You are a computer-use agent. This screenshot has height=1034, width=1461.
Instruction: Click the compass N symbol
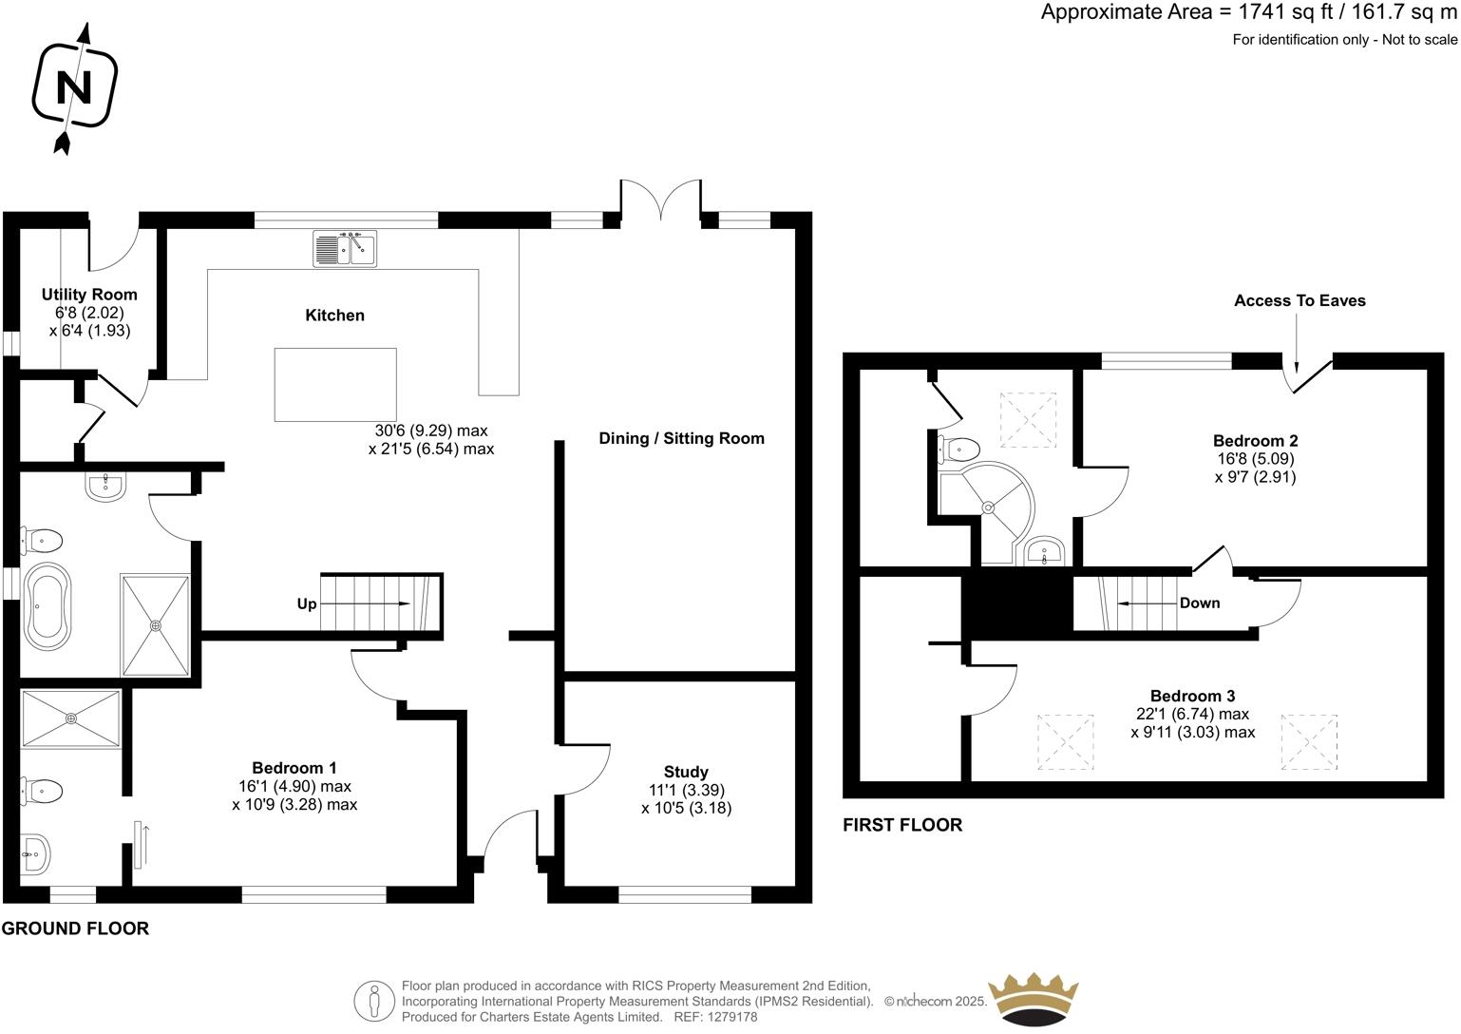point(74,87)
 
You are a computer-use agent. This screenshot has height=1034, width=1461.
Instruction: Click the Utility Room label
point(89,295)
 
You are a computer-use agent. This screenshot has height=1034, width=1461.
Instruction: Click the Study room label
point(686,772)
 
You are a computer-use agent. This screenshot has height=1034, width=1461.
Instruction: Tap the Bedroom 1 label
point(294,768)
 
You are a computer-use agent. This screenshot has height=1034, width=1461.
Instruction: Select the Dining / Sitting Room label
point(681,438)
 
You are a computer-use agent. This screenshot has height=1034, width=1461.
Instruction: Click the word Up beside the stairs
point(307,603)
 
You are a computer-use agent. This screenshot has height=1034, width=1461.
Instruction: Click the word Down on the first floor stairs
point(1199,603)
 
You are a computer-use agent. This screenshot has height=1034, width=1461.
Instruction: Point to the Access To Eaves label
point(1300,300)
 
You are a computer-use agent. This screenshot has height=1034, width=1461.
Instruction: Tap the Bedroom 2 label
point(1255,441)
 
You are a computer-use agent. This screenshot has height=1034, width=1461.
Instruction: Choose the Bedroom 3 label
point(1192,696)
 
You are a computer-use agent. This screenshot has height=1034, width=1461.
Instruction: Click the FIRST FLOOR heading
point(902,825)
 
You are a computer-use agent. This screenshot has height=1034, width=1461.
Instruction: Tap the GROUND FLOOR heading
point(75,929)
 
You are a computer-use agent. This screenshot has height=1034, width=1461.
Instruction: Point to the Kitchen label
point(334,316)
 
